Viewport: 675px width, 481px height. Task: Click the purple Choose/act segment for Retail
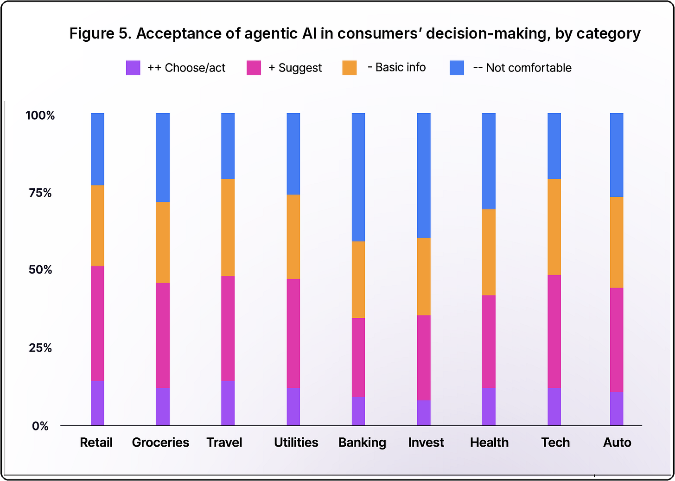tap(97, 403)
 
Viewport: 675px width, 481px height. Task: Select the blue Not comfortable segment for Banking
tap(358, 177)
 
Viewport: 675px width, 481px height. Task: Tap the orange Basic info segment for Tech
tap(554, 227)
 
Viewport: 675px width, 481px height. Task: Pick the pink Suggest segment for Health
tap(489, 341)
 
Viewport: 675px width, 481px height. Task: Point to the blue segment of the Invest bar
tap(424, 175)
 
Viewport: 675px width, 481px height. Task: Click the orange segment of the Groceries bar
tap(163, 242)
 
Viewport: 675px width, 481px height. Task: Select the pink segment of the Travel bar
tap(228, 328)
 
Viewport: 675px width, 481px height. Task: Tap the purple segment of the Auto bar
tap(617, 409)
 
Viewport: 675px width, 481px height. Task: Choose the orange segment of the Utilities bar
tap(293, 237)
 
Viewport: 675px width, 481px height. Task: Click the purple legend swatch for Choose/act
tap(133, 68)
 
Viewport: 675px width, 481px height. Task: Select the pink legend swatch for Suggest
tap(254, 68)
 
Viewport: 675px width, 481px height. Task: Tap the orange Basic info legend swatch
tap(349, 68)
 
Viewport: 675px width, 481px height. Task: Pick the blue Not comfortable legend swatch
tap(457, 68)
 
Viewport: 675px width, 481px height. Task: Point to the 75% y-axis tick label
tap(40, 192)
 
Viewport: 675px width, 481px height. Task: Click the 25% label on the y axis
tap(40, 348)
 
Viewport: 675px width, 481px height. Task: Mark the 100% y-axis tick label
tap(40, 115)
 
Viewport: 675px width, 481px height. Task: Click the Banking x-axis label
tap(362, 443)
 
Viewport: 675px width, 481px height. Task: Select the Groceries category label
tap(160, 443)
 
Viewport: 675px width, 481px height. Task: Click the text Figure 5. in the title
tap(100, 33)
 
